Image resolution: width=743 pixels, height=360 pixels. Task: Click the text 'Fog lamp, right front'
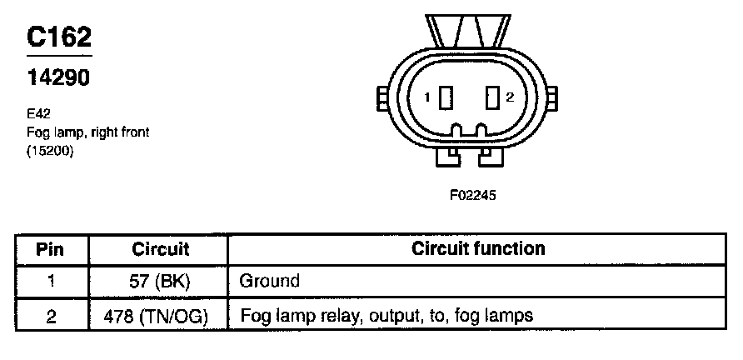(x=87, y=132)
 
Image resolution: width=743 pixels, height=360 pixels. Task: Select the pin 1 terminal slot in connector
(x=446, y=97)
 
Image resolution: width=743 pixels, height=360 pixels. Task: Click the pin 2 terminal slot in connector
(x=491, y=97)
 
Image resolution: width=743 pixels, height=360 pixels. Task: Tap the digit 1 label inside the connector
(x=427, y=97)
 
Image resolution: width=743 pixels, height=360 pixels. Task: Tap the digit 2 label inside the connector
(x=510, y=97)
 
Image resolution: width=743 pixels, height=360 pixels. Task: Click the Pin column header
(x=51, y=249)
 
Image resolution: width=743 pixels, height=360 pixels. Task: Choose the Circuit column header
(x=161, y=249)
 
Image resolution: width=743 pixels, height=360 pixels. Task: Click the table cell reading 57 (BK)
(x=161, y=282)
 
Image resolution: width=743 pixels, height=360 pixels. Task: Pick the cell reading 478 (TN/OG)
(x=161, y=316)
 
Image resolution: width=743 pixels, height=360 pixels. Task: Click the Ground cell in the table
(x=269, y=282)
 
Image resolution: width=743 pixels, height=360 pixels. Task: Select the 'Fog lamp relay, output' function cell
(x=386, y=316)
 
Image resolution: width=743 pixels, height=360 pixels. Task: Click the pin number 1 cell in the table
(x=51, y=282)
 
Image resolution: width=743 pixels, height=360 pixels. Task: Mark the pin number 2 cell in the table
(x=51, y=316)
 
